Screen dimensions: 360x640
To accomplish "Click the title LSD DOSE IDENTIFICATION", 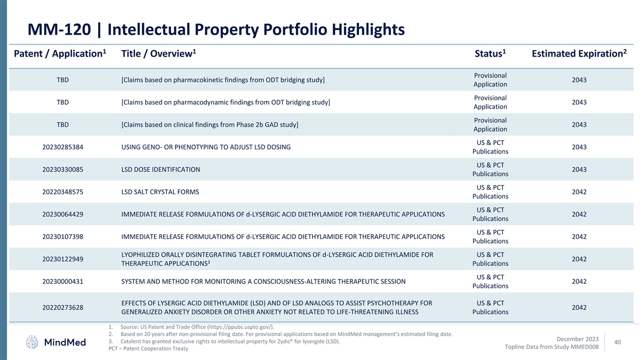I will click(x=161, y=170).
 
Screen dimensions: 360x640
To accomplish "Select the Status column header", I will click(x=490, y=54).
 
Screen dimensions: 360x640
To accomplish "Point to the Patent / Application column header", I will click(x=60, y=54).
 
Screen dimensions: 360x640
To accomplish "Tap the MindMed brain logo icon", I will click(x=33, y=342).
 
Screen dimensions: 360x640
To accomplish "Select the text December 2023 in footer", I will click(x=577, y=339).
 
